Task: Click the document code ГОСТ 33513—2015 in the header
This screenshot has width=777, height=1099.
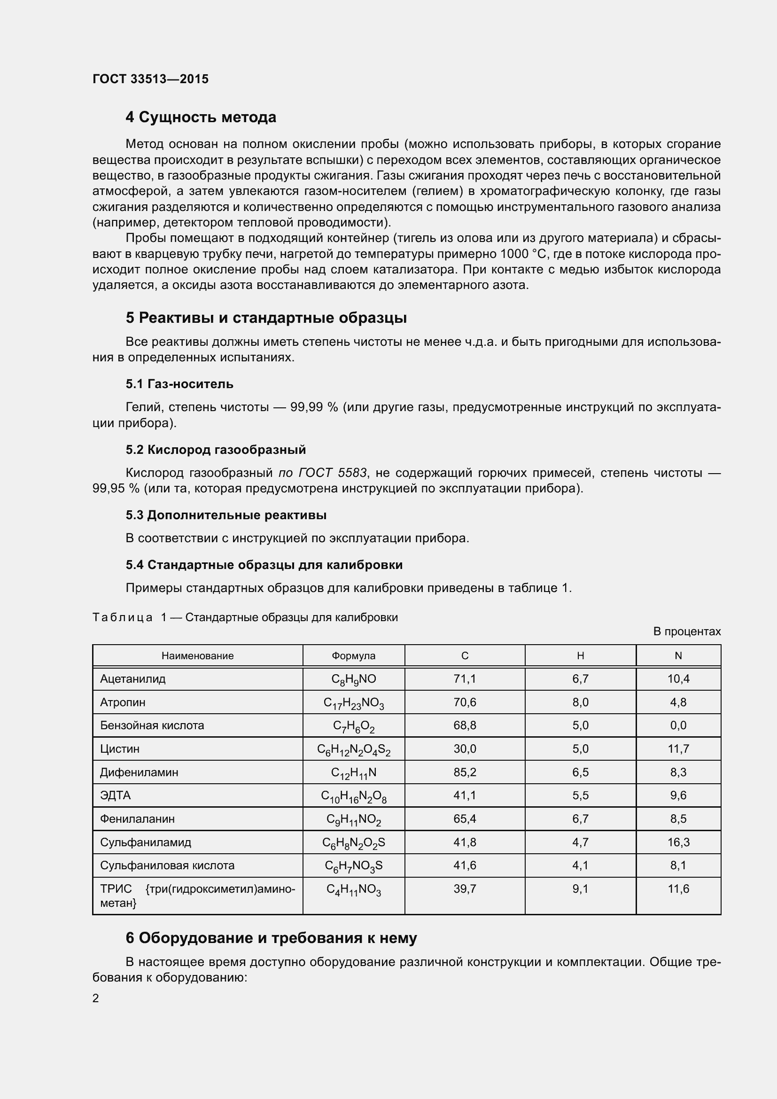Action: pyautogui.click(x=150, y=79)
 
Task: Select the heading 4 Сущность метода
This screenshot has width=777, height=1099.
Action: pyautogui.click(x=201, y=117)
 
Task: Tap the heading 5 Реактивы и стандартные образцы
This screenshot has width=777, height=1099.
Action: pyautogui.click(x=266, y=318)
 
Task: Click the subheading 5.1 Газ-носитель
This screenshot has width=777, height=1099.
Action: pyautogui.click(x=179, y=384)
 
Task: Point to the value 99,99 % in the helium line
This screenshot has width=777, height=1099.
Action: pyautogui.click(x=314, y=407)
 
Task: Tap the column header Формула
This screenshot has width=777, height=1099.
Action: pyautogui.click(x=354, y=656)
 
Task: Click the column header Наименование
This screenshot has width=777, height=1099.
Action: pyautogui.click(x=198, y=656)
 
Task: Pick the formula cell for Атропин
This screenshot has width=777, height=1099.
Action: pyautogui.click(x=354, y=702)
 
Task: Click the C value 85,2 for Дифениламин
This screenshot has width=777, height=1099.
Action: pyautogui.click(x=465, y=772)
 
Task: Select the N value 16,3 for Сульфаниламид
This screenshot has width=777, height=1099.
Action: pyautogui.click(x=678, y=842)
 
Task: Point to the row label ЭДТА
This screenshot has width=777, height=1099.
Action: pyautogui.click(x=115, y=795)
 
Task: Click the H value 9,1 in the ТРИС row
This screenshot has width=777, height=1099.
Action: pyautogui.click(x=580, y=889)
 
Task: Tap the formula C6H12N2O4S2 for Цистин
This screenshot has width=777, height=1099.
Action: pyautogui.click(x=354, y=749)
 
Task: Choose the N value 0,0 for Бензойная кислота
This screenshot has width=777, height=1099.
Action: pyautogui.click(x=678, y=725)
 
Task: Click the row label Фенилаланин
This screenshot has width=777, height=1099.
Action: pyautogui.click(x=137, y=819)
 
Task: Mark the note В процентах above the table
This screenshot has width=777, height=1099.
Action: pyautogui.click(x=687, y=632)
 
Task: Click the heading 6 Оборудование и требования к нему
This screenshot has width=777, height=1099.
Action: pyautogui.click(x=271, y=938)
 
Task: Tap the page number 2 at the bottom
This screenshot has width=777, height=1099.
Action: pyautogui.click(x=96, y=998)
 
